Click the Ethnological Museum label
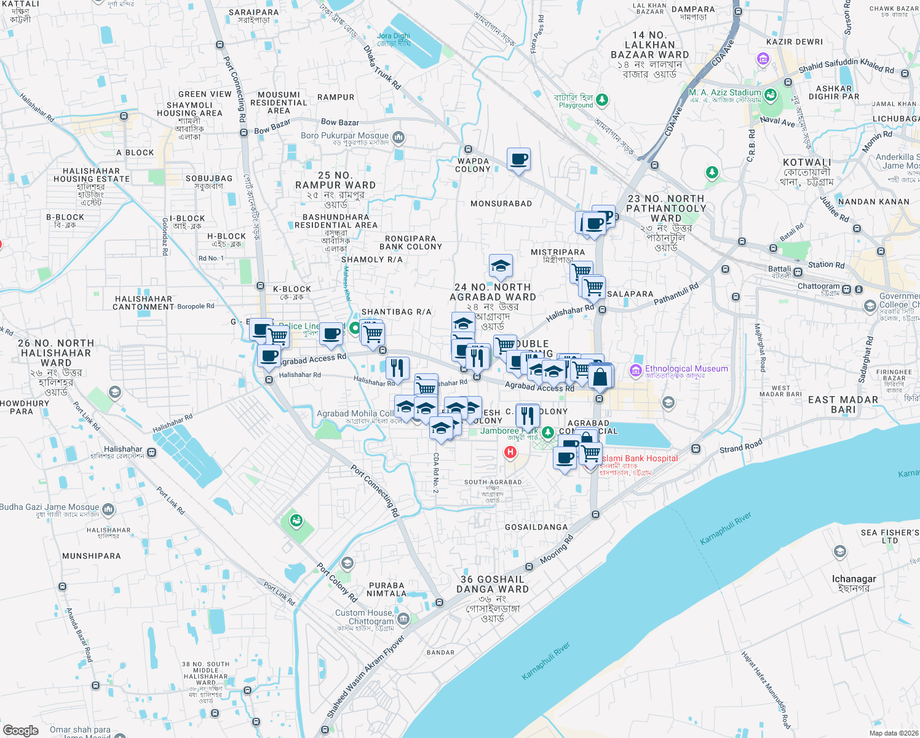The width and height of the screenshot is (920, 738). pyautogui.click(x=686, y=368)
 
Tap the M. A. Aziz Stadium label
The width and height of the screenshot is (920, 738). pyautogui.click(x=725, y=92)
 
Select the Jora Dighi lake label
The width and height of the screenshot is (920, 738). pyautogui.click(x=394, y=36)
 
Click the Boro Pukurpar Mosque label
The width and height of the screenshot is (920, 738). pyautogui.click(x=345, y=135)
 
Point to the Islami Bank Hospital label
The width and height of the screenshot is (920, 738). pyautogui.click(x=640, y=458)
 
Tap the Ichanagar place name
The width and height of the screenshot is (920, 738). pyautogui.click(x=854, y=579)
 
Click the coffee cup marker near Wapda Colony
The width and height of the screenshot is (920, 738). pyautogui.click(x=518, y=160)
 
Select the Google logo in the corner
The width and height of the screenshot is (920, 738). pyautogui.click(x=21, y=730)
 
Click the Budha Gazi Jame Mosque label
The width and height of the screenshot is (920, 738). pyautogui.click(x=49, y=507)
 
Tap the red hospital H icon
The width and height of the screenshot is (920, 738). pyautogui.click(x=510, y=453)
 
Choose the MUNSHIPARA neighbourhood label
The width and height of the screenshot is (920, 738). pyautogui.click(x=92, y=556)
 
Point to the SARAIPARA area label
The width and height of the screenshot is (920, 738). pyautogui.click(x=253, y=12)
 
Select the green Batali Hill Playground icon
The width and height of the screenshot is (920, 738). pyautogui.click(x=602, y=99)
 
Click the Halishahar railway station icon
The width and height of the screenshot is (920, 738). pyautogui.click(x=151, y=452)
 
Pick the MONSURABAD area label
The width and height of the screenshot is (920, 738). pyautogui.click(x=501, y=204)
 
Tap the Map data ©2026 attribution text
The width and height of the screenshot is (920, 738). pyautogui.click(x=894, y=732)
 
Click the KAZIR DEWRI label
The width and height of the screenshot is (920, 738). pyautogui.click(x=795, y=42)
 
